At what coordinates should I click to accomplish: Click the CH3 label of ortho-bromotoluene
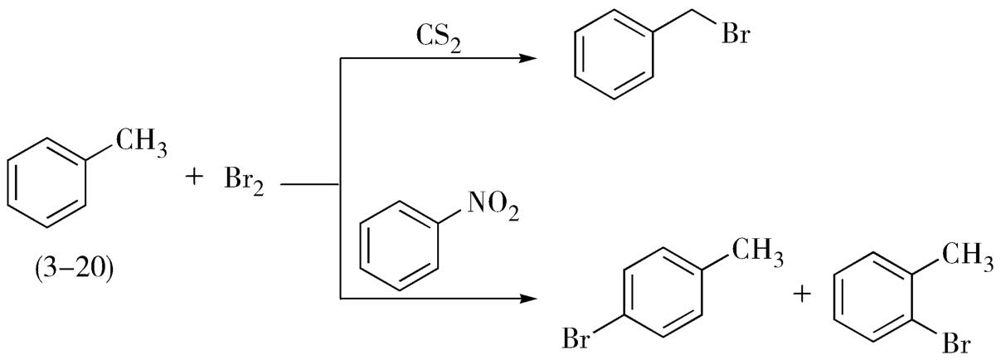967,251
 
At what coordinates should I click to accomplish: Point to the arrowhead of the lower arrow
525,297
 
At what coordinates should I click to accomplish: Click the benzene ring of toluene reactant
47,180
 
